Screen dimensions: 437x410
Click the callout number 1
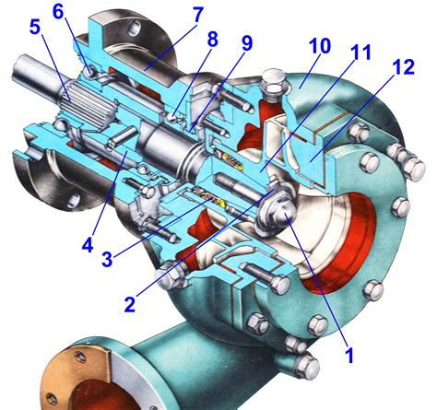(349, 354)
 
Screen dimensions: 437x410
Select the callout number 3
(107, 259)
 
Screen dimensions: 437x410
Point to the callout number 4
(88, 245)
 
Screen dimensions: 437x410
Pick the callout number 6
(58, 11)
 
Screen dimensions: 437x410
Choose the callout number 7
(197, 15)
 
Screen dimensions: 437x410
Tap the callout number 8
(212, 39)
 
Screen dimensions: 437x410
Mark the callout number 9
(246, 42)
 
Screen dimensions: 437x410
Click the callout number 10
(320, 46)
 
